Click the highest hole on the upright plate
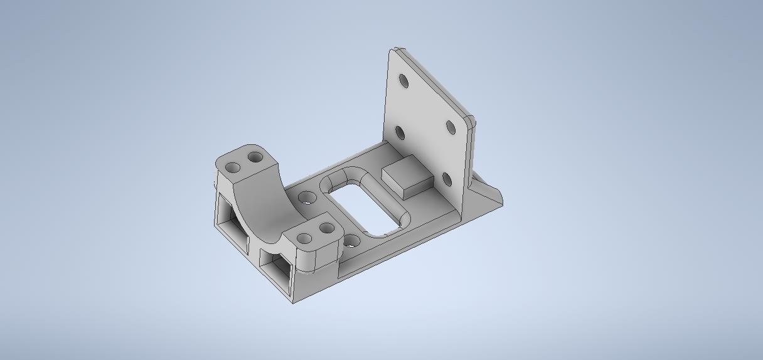403,82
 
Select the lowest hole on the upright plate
447,180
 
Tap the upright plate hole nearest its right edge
451,127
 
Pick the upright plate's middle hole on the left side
400,133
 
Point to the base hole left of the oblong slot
307,198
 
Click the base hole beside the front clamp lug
353,241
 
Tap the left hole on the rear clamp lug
233,168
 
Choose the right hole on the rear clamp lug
255,157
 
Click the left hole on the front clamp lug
304,238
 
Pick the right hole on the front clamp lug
326,229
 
